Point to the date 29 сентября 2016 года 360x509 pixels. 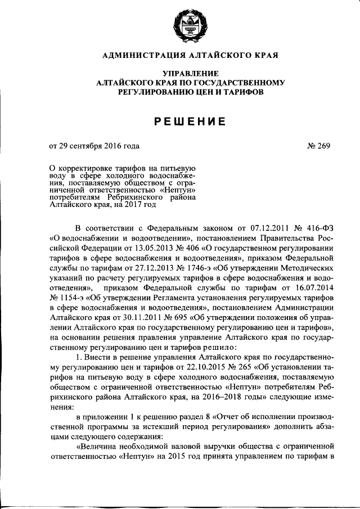click(98, 146)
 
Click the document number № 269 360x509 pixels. click(319, 146)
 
